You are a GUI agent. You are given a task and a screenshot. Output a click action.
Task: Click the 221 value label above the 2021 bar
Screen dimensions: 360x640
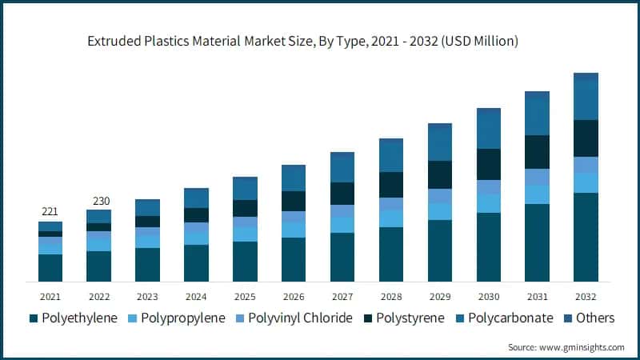(50, 212)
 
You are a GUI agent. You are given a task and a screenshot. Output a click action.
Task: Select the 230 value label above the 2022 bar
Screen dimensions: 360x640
(99, 201)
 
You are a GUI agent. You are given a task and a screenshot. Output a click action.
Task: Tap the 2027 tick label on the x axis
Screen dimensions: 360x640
(342, 296)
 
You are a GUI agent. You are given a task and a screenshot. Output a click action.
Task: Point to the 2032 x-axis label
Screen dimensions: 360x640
(586, 296)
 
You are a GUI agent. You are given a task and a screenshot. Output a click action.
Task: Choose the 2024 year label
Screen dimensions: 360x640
(196, 296)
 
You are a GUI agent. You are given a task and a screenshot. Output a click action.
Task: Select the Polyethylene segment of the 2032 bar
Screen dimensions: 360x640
(586, 237)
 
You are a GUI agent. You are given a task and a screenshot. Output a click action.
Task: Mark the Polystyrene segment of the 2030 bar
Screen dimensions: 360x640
(489, 164)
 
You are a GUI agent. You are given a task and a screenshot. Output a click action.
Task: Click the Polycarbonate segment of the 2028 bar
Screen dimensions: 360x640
(391, 155)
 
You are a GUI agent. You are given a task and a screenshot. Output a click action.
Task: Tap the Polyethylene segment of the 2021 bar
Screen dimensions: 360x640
(50, 268)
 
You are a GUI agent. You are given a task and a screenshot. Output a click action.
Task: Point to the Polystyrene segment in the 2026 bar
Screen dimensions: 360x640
(294, 201)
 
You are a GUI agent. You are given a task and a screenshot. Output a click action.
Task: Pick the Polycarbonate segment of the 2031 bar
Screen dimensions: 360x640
(538, 113)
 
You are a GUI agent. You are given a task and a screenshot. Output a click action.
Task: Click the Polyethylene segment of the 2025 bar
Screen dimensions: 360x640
(245, 262)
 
